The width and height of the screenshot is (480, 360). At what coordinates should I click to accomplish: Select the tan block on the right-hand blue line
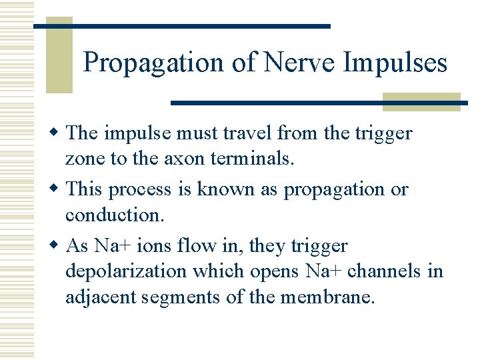tap(421, 101)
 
